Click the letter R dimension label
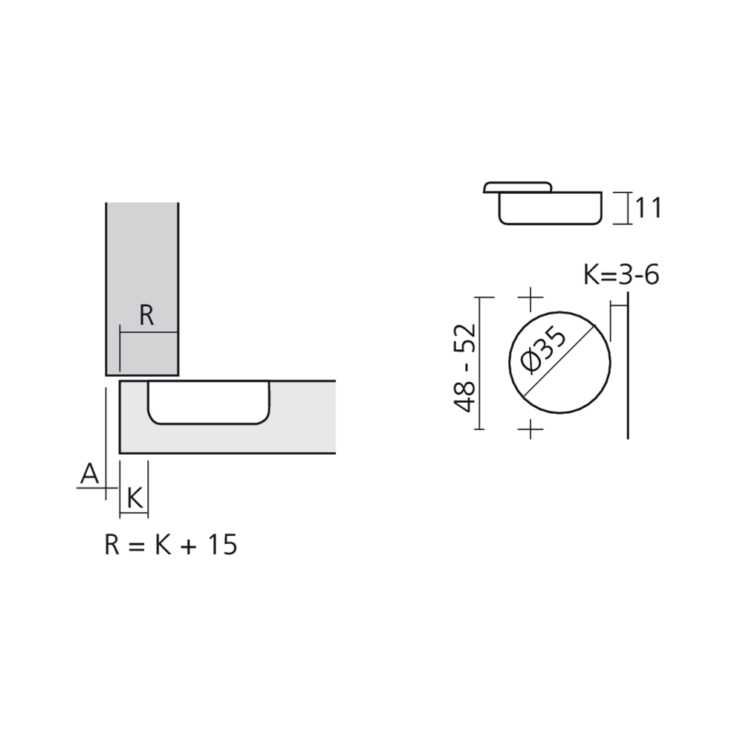[146, 316]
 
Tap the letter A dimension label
[90, 473]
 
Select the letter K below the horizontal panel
[134, 498]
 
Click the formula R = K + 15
[170, 545]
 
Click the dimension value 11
[646, 208]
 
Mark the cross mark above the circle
[530, 299]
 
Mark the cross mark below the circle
[530, 429]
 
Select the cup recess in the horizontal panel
[207, 403]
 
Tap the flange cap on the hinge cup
[518, 186]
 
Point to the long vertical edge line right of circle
[629, 364]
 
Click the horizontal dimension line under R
[149, 332]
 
